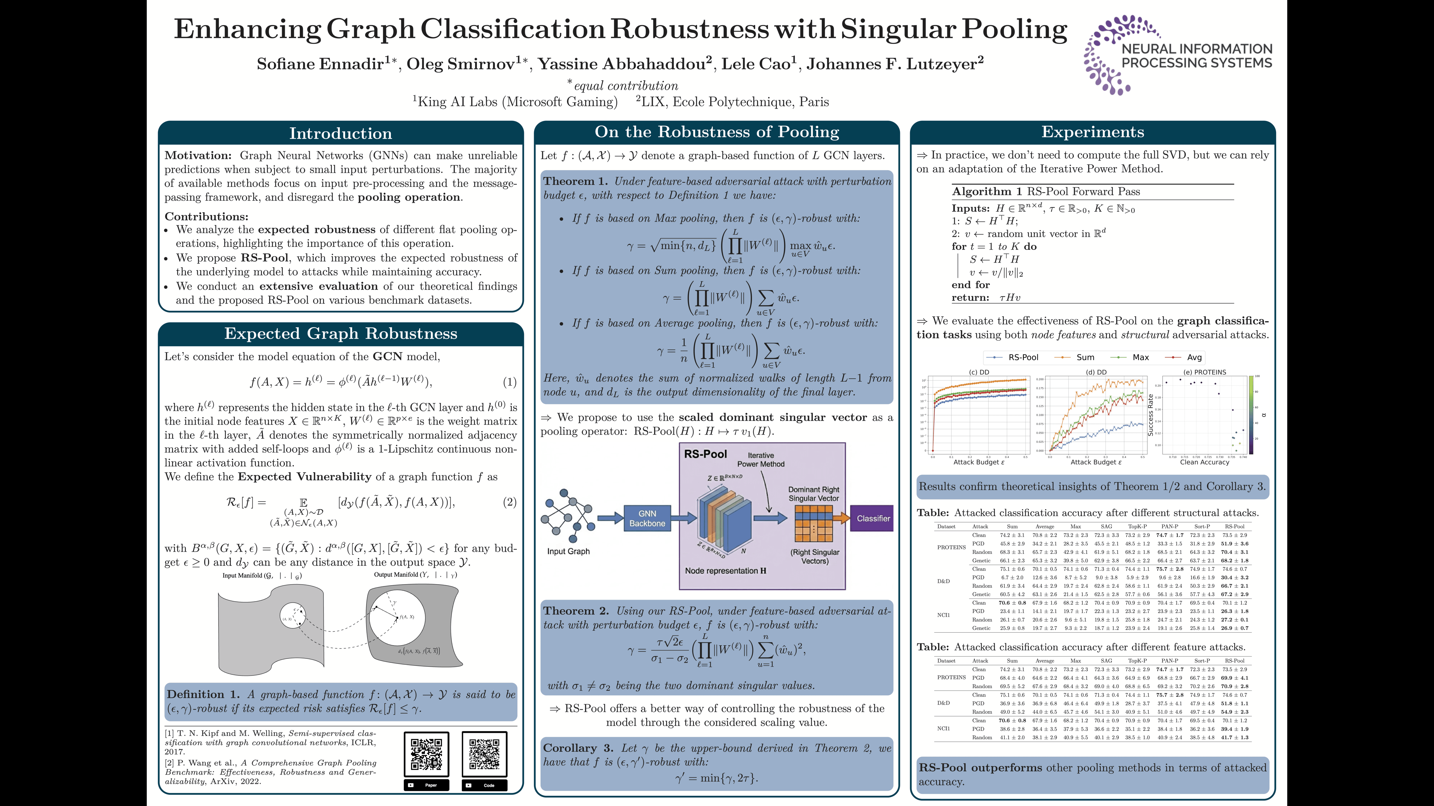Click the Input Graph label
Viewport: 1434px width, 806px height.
point(568,551)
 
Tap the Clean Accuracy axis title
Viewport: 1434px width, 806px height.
point(1204,462)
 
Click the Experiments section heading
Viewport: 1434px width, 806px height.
point(1092,132)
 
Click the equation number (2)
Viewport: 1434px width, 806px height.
point(509,502)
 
